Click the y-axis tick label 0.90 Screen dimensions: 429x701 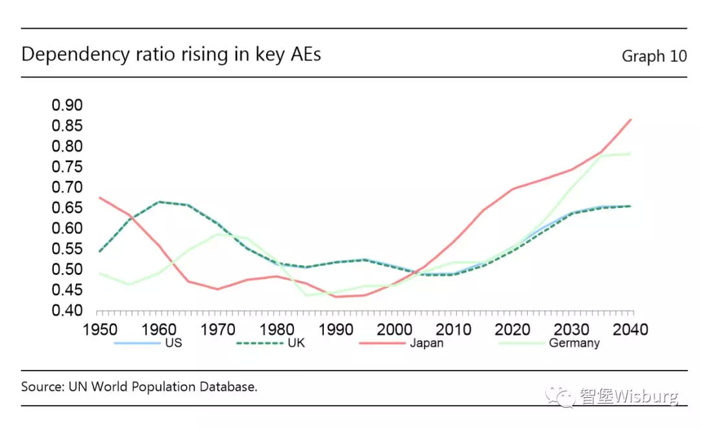click(67, 105)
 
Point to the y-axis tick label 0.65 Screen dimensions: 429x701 click(67, 208)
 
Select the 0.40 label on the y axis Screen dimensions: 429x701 click(67, 311)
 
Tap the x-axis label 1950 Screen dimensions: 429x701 click(99, 330)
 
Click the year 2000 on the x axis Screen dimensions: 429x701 click(395, 330)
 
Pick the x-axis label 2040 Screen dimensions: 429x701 click(631, 330)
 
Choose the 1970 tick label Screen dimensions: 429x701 click(217, 330)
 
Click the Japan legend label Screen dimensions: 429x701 click(426, 343)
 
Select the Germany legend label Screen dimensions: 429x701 click(574, 343)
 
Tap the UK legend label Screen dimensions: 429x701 click(296, 343)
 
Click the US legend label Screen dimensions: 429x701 click(173, 343)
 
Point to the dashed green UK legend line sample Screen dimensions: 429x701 click(259, 343)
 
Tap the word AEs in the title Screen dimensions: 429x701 click(303, 55)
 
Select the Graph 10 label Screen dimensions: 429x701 click(654, 57)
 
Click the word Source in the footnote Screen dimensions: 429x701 click(41, 387)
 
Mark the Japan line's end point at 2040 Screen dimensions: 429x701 click(631, 120)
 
